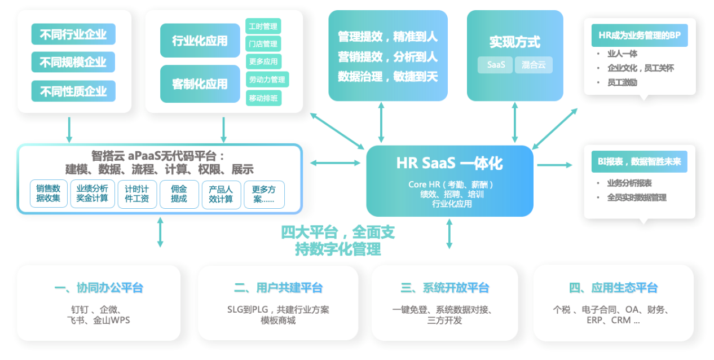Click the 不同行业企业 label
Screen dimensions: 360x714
coord(73,34)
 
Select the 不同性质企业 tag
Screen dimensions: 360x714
coord(73,91)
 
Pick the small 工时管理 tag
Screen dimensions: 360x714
coord(263,26)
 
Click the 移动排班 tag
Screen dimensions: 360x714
coord(263,98)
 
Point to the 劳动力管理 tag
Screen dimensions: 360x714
coord(267,80)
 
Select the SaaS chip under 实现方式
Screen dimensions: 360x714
coord(496,65)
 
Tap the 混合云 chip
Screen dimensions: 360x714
coord(534,65)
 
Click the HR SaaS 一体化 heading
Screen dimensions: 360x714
coord(449,163)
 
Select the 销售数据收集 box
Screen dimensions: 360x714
coord(49,194)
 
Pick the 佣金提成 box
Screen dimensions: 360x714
coord(179,194)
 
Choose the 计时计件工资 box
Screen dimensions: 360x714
coord(137,194)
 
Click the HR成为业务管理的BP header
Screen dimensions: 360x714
coord(639,36)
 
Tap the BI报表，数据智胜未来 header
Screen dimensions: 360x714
coord(639,162)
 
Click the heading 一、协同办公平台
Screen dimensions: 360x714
coord(99,288)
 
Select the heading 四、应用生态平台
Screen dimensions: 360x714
coord(613,288)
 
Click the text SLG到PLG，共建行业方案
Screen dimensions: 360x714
coord(278,310)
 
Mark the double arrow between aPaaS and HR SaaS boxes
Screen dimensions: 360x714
coord(335,163)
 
